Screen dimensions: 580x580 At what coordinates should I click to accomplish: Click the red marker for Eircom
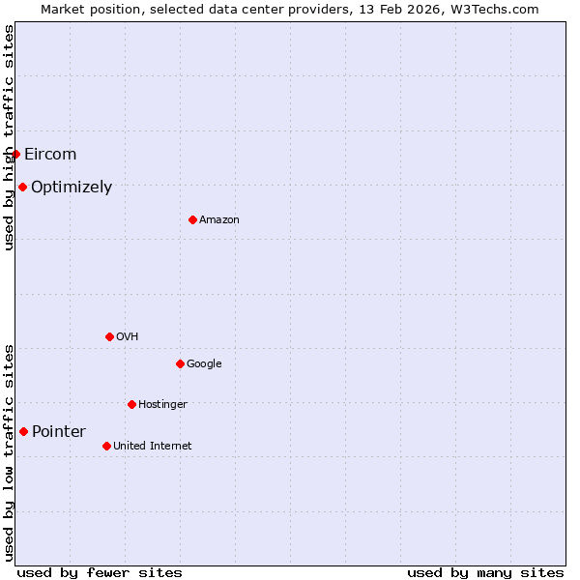pos(15,154)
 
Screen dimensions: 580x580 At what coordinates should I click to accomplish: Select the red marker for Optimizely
pos(22,187)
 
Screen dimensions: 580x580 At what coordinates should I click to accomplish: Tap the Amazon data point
pos(192,219)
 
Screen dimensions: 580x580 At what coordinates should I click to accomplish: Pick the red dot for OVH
pos(109,336)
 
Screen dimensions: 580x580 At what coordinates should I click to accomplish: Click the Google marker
pos(180,363)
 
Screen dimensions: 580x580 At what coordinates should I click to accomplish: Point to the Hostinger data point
pos(131,404)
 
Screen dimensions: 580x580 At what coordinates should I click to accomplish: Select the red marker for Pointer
pos(23,431)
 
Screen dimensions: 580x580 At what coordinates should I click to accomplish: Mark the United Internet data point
pos(106,446)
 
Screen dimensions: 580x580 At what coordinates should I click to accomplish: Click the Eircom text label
pos(50,155)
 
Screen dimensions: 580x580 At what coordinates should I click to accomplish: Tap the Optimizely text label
pos(72,188)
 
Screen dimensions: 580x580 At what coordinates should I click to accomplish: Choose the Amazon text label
pos(219,220)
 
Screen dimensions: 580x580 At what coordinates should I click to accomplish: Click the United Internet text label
pos(153,447)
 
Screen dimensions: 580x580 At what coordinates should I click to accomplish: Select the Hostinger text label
pos(162,405)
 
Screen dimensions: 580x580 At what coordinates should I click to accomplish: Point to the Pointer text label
pos(59,432)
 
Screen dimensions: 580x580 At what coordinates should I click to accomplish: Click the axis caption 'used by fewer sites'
pos(100,572)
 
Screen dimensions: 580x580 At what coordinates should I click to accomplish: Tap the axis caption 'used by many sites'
pos(485,572)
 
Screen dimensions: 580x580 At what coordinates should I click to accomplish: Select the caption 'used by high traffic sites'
pos(9,137)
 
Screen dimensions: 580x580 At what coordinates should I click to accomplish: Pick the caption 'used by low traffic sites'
pos(9,452)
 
